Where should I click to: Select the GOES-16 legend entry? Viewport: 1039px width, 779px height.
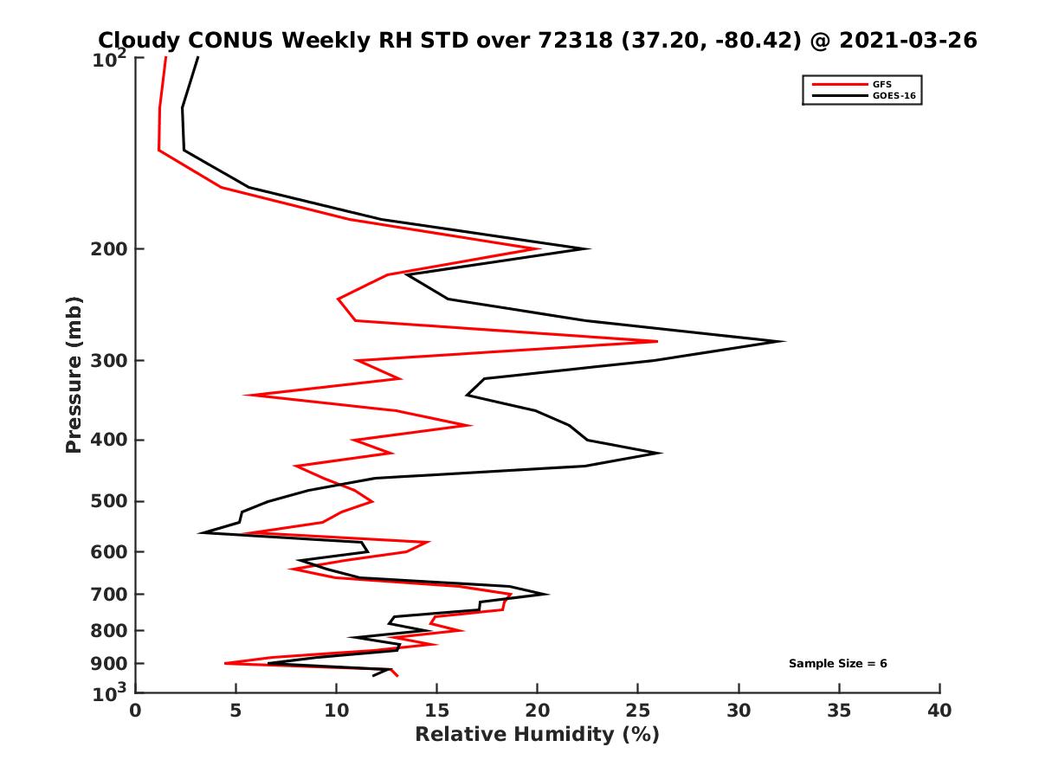click(x=893, y=96)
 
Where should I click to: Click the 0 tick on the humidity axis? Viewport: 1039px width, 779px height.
click(x=136, y=711)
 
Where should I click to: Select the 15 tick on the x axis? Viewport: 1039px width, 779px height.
click(x=437, y=711)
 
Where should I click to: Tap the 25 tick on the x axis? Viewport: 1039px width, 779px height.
click(x=638, y=711)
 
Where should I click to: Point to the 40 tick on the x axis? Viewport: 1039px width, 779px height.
click(x=939, y=711)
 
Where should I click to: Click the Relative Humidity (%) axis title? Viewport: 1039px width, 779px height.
click(x=537, y=735)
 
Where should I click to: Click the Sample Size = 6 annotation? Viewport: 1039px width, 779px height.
click(x=837, y=664)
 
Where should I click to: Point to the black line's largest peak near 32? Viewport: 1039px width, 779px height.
click(x=784, y=341)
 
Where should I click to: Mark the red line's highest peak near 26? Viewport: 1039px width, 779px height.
click(x=657, y=341)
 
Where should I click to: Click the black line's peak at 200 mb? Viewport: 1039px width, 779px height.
click(x=589, y=249)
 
